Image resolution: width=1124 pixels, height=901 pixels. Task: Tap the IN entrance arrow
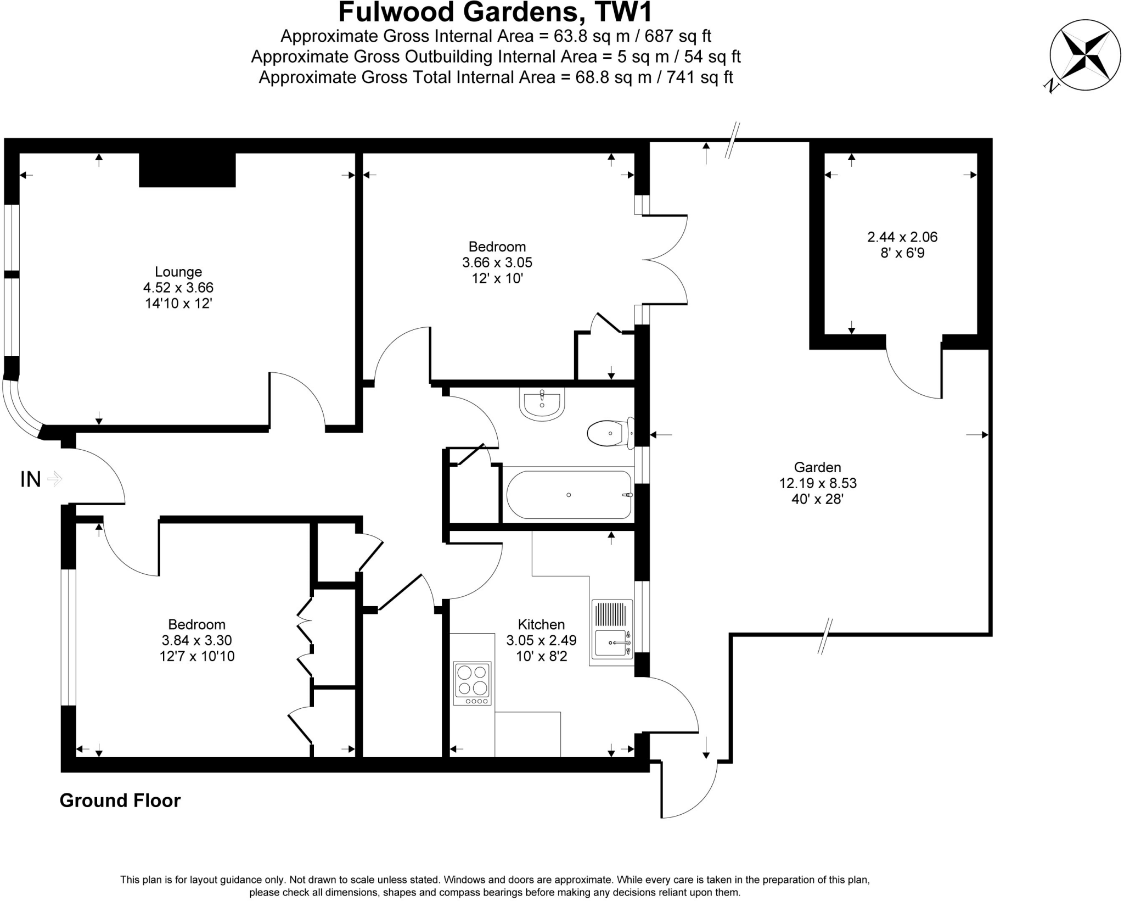click(x=55, y=479)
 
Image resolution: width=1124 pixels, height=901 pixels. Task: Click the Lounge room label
click(x=178, y=272)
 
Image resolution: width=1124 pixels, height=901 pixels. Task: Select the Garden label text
click(x=817, y=467)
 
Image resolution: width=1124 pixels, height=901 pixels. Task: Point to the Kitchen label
click(x=541, y=624)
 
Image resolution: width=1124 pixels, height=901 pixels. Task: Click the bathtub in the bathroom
click(x=569, y=495)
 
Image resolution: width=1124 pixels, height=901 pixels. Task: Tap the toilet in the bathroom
click(x=608, y=433)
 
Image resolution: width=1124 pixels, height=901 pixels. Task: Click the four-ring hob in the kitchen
click(x=472, y=683)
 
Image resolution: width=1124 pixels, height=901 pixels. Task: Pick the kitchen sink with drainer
click(x=611, y=631)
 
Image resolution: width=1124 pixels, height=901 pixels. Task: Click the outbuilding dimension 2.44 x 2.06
click(x=902, y=237)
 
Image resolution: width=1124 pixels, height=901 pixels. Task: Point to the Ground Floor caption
click(x=120, y=801)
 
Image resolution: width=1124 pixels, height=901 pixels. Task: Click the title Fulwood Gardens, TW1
click(x=495, y=12)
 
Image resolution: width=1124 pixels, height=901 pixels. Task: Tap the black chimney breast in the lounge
click(x=187, y=170)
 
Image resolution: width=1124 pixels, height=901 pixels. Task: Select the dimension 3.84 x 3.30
click(x=196, y=640)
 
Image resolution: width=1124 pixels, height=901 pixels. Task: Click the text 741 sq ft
click(x=700, y=77)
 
